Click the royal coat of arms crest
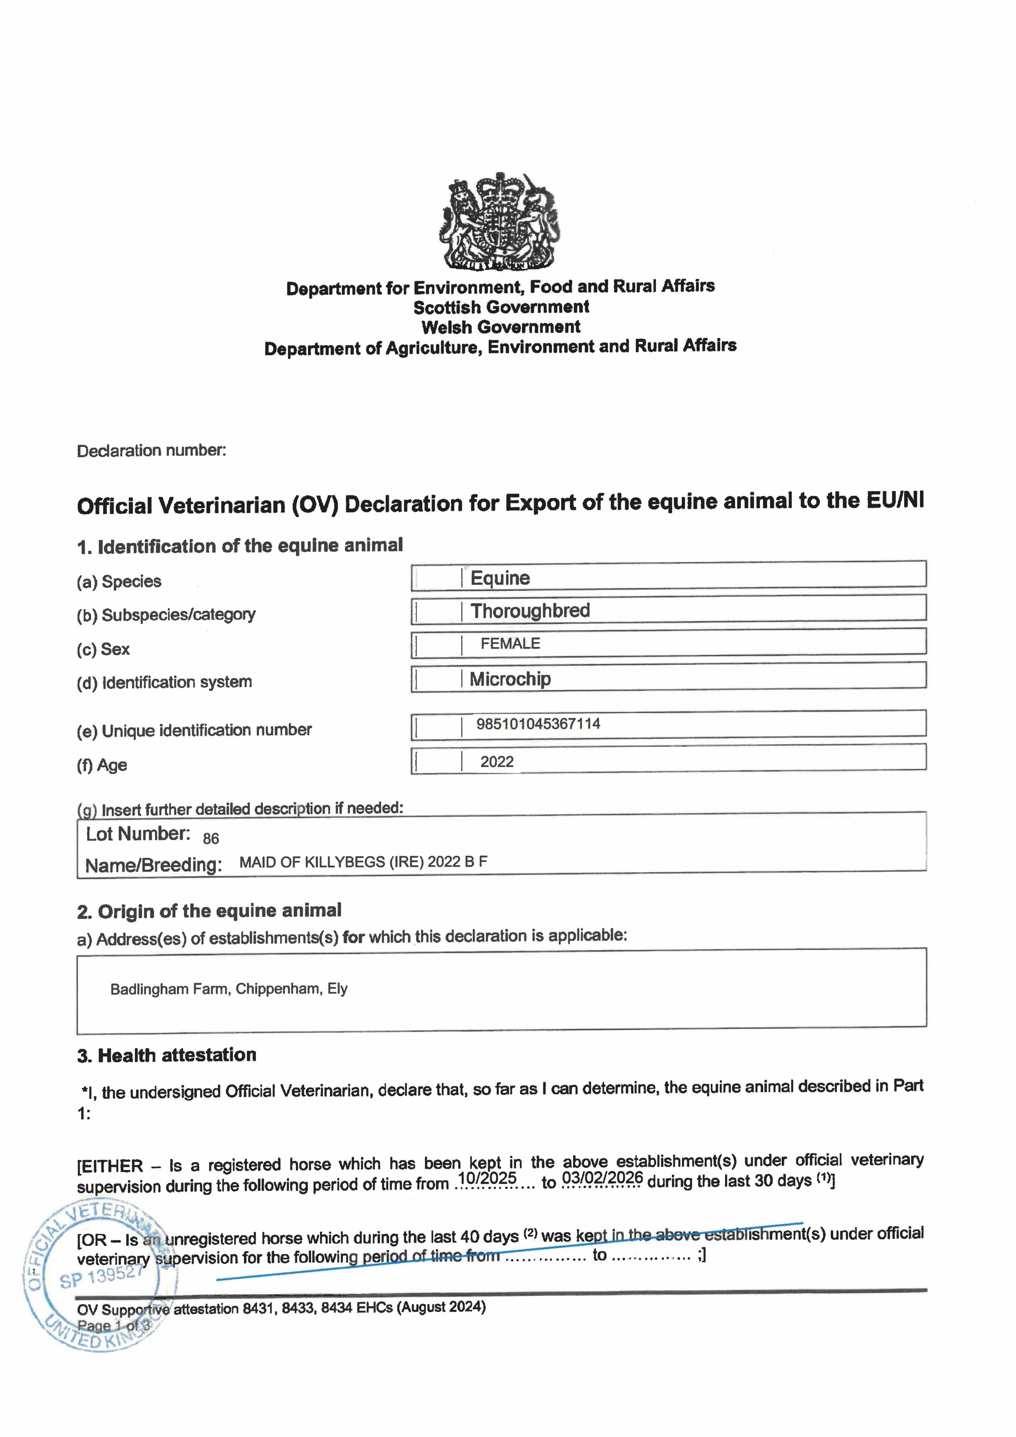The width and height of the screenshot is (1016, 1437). pyautogui.click(x=500, y=222)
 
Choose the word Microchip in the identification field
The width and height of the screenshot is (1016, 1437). pyautogui.click(x=510, y=679)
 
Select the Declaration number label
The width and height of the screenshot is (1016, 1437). pyautogui.click(x=151, y=451)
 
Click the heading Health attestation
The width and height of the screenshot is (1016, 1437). pyautogui.click(x=177, y=1055)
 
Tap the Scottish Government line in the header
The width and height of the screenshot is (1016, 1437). pyautogui.click(x=501, y=307)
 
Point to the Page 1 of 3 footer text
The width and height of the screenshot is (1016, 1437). pyautogui.click(x=114, y=1325)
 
